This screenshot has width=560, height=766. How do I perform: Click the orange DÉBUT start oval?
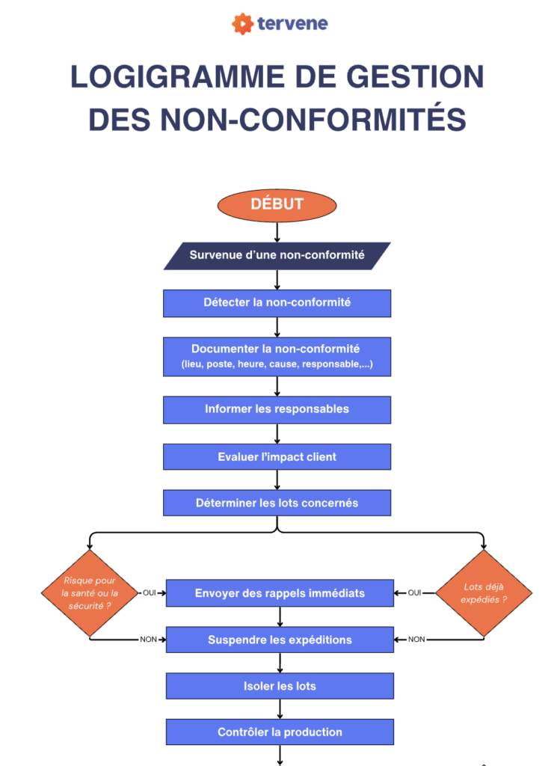click(x=277, y=205)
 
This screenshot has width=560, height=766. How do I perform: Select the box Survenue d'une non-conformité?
click(x=277, y=255)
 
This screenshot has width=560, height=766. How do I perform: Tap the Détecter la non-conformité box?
click(x=277, y=303)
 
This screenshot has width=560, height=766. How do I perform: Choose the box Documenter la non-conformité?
click(x=277, y=356)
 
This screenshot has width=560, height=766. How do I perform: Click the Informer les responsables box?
click(x=277, y=409)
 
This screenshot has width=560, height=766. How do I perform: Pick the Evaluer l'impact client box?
click(x=277, y=456)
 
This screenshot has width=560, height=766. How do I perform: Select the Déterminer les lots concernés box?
click(x=277, y=503)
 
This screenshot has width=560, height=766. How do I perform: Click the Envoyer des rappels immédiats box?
click(x=280, y=592)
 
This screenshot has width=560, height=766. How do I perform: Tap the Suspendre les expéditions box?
click(x=280, y=640)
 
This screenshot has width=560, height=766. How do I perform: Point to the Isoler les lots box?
click(x=280, y=686)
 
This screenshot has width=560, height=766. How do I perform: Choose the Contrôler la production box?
click(x=280, y=732)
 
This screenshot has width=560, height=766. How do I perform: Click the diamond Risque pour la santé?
click(x=90, y=593)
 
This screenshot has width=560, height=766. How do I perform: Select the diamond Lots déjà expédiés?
click(x=484, y=593)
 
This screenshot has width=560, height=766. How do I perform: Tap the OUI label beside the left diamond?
click(x=150, y=592)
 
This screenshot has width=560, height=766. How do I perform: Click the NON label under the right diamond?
click(x=416, y=640)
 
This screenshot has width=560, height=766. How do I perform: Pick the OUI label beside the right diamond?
click(x=415, y=592)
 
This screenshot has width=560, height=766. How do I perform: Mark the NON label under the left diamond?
click(x=149, y=640)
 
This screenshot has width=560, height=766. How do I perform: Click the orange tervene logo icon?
click(x=242, y=24)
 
